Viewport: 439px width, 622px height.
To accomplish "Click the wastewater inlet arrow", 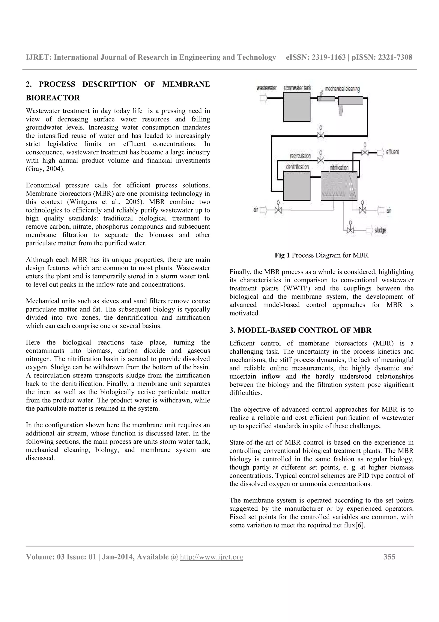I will (x=263, y=98).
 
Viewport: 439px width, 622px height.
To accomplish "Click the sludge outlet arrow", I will (x=370, y=230).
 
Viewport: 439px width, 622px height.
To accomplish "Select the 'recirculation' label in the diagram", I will (x=300, y=156).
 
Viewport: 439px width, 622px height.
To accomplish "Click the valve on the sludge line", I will (x=350, y=230).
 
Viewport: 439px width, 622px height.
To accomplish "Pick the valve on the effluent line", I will (x=365, y=153).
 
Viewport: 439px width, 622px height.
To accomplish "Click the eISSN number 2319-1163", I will (x=329, y=57).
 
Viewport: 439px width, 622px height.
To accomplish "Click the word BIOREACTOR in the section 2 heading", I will (x=53, y=98).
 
